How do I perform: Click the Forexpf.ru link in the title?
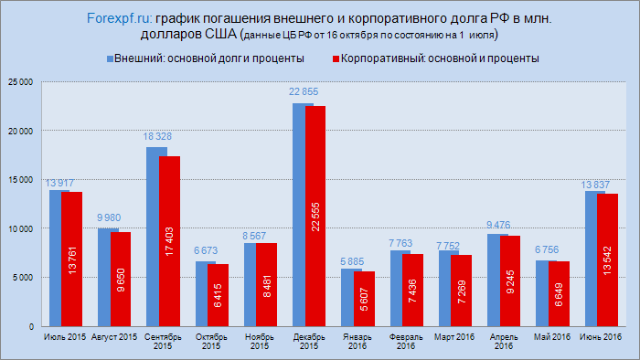[121, 18]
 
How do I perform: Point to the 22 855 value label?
[304, 92]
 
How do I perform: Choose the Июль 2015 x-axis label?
[65, 339]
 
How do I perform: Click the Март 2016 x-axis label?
[454, 339]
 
